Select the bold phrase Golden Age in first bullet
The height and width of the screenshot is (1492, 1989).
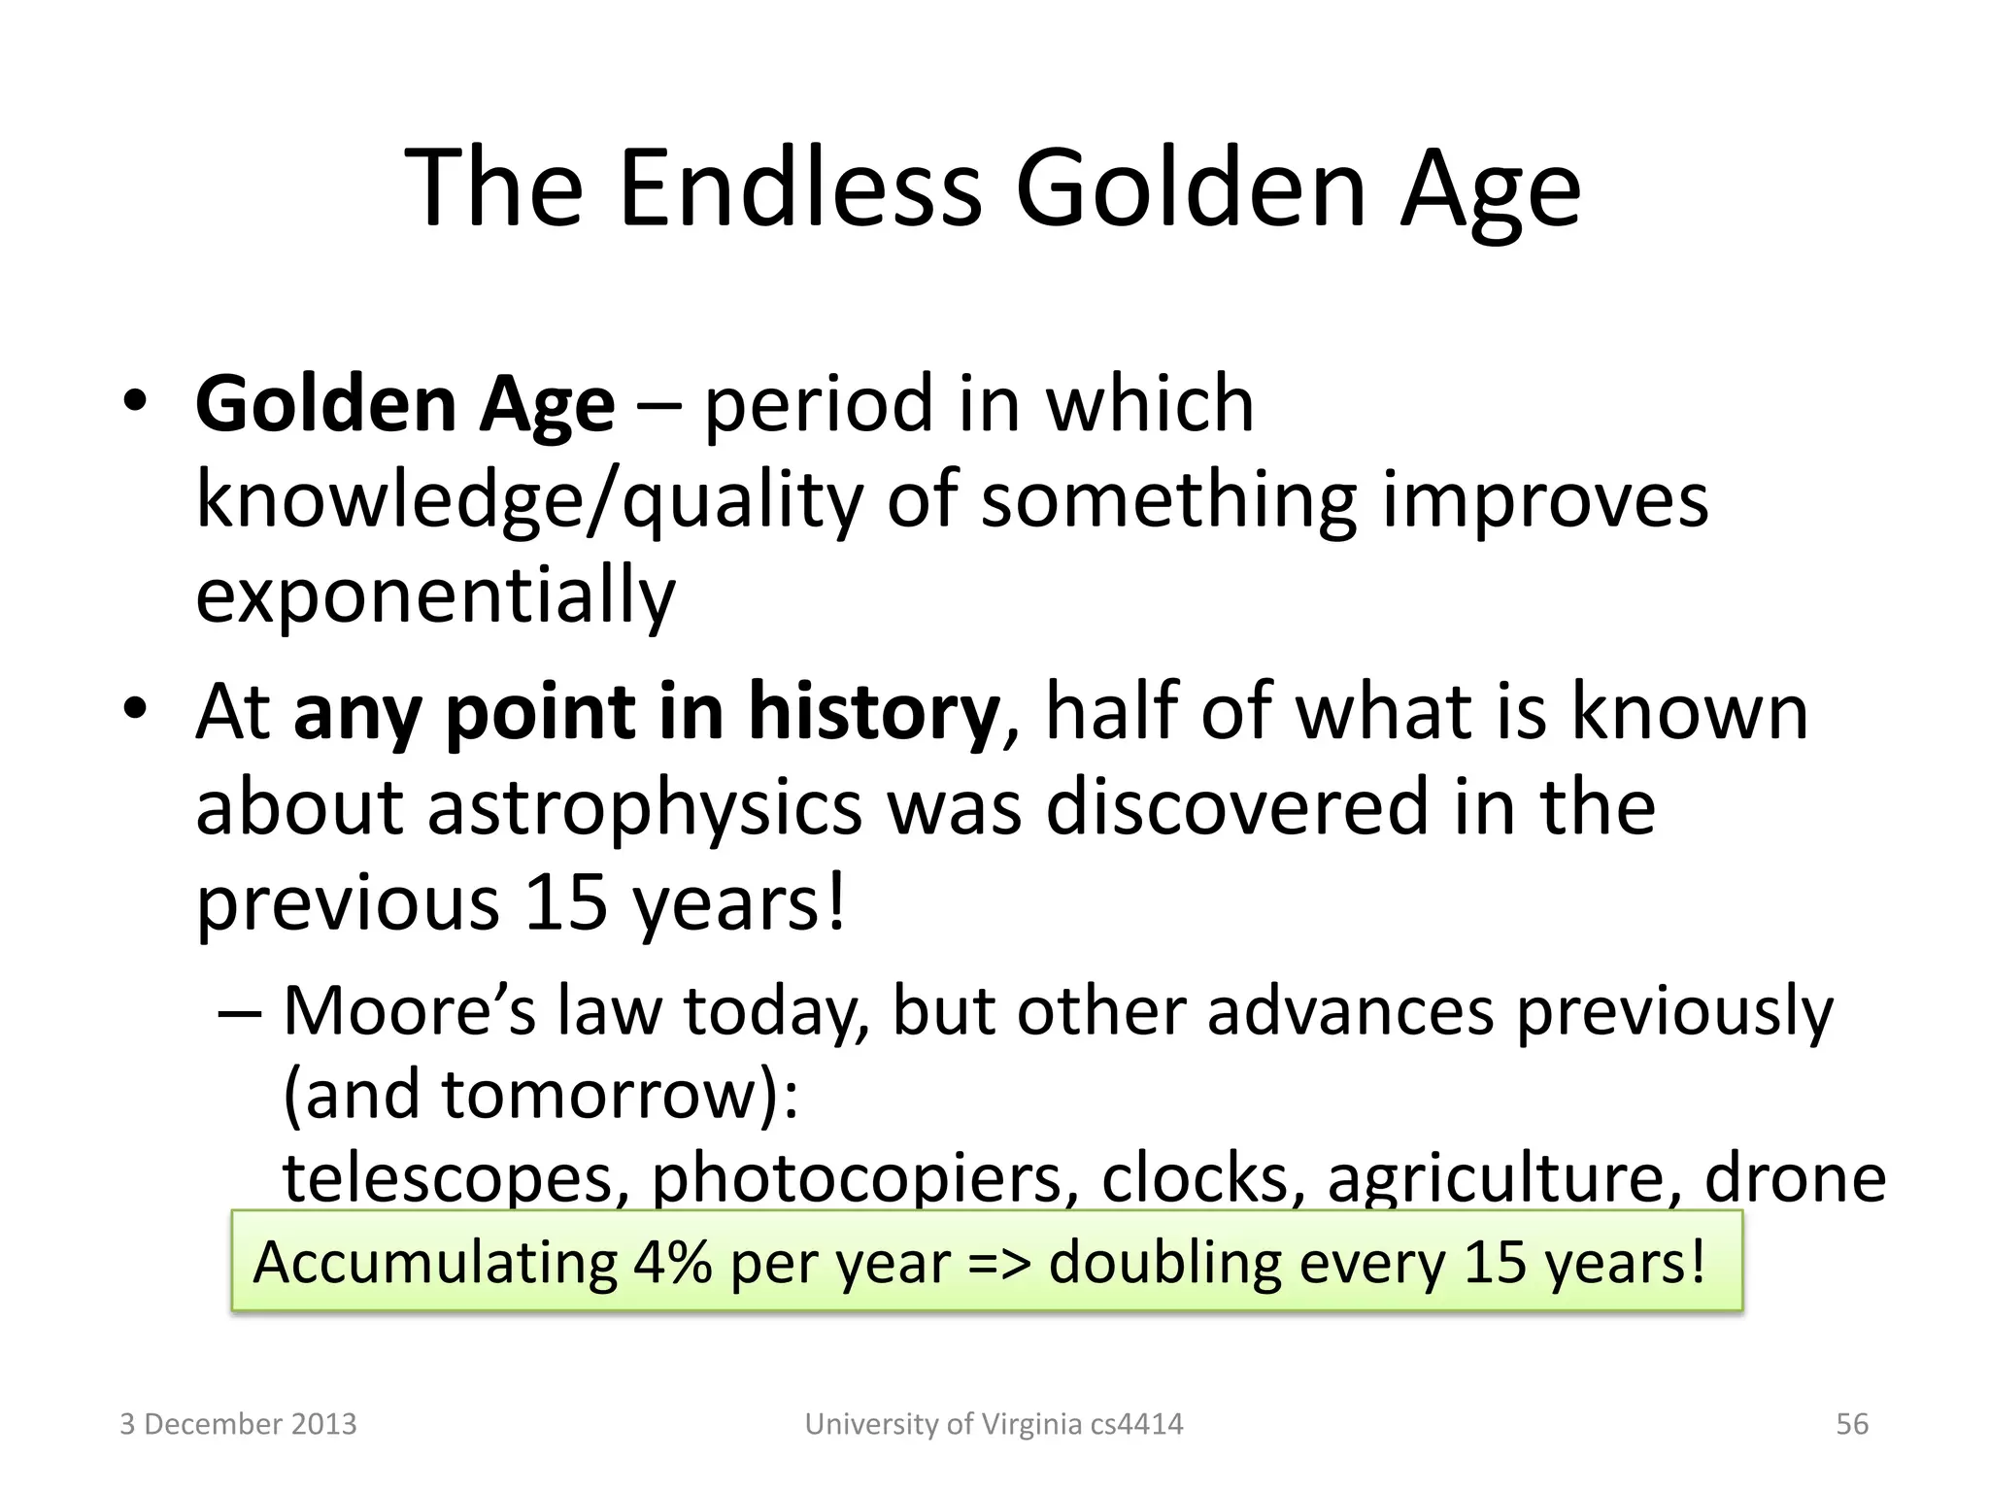point(404,404)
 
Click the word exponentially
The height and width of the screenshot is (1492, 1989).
point(435,594)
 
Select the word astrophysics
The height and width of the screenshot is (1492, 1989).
point(645,807)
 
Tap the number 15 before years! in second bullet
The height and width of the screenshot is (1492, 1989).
point(564,902)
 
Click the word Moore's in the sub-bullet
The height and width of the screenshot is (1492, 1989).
point(408,1011)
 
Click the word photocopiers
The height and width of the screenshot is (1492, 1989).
point(864,1177)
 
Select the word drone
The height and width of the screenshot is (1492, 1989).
point(1795,1177)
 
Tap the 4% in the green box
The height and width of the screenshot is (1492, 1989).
point(672,1263)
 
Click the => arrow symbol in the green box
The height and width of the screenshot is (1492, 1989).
point(998,1263)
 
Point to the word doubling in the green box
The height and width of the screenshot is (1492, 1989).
point(1164,1263)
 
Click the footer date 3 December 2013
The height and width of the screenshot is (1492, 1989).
point(238,1424)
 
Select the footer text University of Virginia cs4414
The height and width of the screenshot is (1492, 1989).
point(994,1424)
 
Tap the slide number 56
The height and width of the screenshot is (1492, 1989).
point(1851,1424)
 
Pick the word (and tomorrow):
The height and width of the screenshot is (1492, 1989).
point(540,1095)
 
